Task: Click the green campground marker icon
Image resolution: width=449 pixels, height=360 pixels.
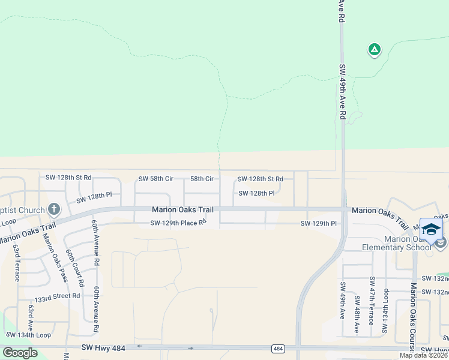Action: click(374, 50)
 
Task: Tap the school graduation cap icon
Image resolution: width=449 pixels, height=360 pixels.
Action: click(431, 229)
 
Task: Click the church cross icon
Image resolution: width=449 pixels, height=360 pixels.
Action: click(54, 209)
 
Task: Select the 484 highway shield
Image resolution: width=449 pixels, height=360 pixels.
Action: click(277, 348)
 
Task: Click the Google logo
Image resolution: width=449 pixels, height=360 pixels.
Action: click(20, 353)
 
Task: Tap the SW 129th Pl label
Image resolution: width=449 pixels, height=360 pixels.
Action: click(319, 223)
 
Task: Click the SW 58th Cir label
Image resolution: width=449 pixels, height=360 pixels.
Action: click(156, 179)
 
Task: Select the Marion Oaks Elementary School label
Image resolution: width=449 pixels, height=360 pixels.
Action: click(397, 243)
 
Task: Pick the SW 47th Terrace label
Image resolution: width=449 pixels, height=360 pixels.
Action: click(373, 301)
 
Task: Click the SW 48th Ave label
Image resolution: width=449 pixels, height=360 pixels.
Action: click(357, 315)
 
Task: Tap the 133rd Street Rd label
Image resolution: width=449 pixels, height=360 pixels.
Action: click(58, 296)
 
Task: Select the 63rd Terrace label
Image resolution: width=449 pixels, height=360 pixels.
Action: click(17, 262)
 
